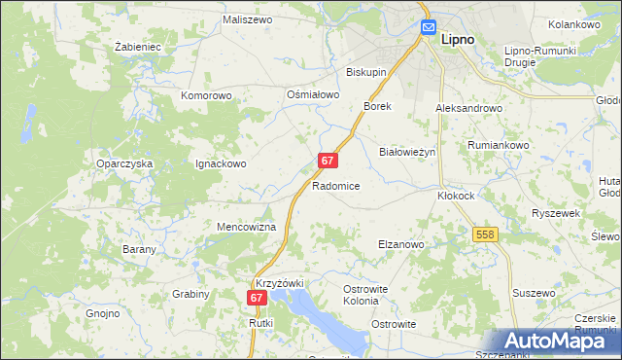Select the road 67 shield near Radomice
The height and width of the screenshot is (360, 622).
[328, 161]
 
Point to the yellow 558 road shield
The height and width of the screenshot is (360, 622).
[486, 235]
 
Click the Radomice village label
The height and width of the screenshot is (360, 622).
[337, 185]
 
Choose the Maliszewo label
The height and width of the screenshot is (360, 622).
[246, 19]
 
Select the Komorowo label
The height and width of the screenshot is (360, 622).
[206, 96]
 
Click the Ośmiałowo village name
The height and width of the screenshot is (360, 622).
[312, 94]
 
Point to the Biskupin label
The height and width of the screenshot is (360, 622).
[367, 72]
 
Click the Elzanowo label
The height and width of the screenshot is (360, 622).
[400, 245]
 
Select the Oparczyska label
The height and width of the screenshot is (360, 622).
[124, 163]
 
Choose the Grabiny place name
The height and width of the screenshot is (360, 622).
[190, 293]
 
